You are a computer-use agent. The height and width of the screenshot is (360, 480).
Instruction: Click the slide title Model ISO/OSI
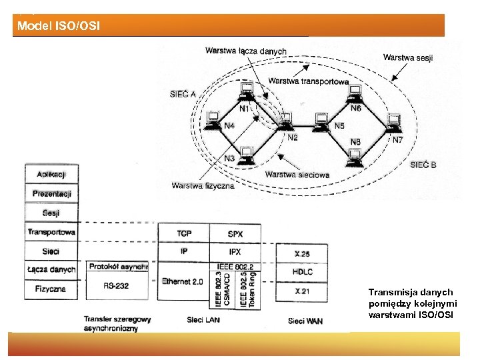[x=59, y=27]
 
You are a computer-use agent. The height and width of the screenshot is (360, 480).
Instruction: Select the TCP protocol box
[x=183, y=234]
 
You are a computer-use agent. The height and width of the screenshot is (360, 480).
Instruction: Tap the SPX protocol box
[x=235, y=234]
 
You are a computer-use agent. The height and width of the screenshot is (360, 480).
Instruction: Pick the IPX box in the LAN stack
[x=235, y=251]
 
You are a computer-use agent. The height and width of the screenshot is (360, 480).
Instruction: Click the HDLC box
[x=302, y=272]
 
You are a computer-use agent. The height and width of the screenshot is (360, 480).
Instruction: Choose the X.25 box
[x=302, y=254]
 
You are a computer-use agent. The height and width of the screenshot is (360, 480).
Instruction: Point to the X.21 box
[x=302, y=291]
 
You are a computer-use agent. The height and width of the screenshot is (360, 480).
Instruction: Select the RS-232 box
[x=117, y=286]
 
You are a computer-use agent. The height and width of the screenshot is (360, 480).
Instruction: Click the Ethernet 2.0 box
[x=183, y=282]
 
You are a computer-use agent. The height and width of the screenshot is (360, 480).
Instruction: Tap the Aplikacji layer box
[x=51, y=175]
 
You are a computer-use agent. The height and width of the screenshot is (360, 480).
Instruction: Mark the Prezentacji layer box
[x=51, y=194]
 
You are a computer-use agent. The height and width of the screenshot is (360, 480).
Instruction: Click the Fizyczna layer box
[x=51, y=289]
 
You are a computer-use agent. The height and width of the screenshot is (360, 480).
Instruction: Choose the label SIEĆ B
[x=423, y=165]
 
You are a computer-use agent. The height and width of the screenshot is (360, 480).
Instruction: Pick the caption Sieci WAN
[x=305, y=321]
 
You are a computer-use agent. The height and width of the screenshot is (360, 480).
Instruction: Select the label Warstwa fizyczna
[x=203, y=185]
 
